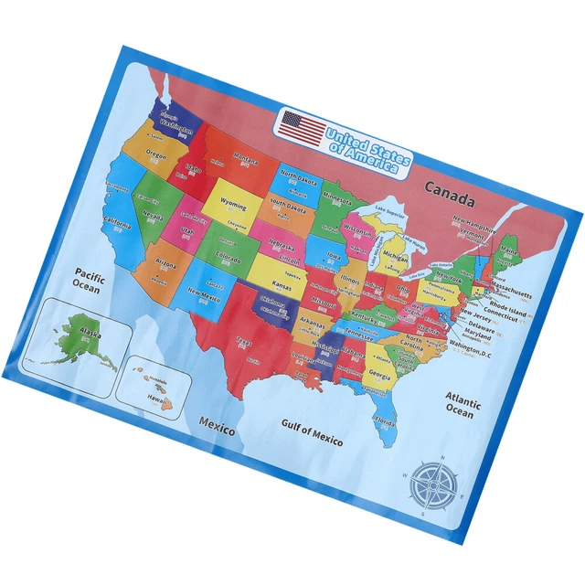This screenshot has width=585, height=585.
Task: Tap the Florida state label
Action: point(384,422)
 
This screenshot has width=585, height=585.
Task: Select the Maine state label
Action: point(507,250)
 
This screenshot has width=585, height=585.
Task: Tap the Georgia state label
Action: point(380,377)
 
